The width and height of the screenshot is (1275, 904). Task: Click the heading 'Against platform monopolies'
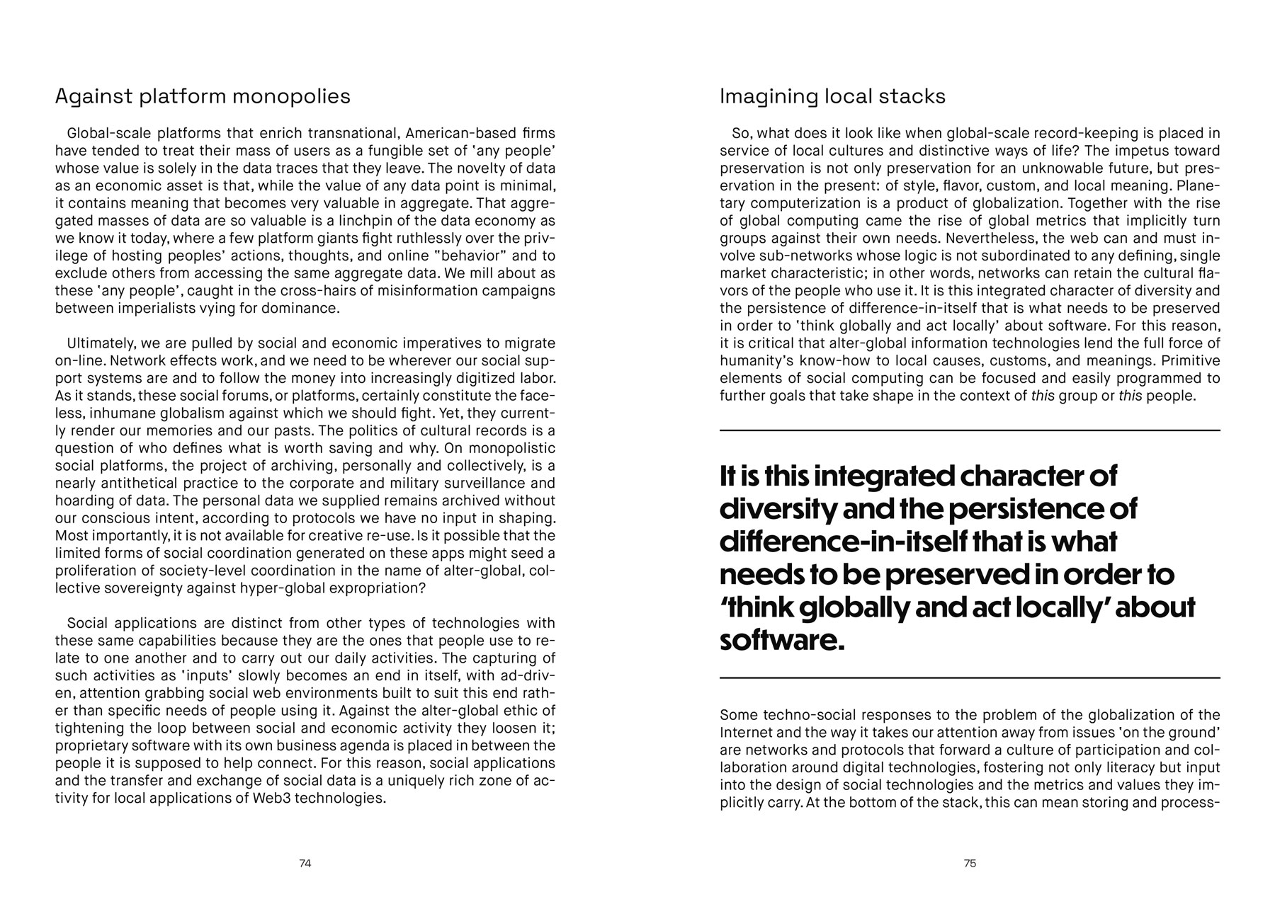203,96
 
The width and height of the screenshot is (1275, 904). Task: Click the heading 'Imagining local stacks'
832,96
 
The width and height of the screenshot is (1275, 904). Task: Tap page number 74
305,864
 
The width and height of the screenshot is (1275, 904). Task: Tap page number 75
970,864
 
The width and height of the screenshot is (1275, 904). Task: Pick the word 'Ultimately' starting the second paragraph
101,344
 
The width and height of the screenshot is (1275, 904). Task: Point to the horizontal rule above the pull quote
970,430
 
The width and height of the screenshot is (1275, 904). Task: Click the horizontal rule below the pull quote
970,678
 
